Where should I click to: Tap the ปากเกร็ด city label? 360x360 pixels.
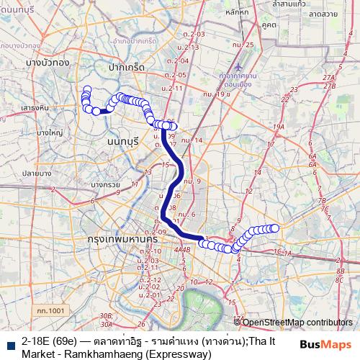click(x=126, y=66)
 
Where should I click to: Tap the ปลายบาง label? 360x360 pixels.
click(x=34, y=174)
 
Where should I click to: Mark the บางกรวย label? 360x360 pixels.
click(x=104, y=184)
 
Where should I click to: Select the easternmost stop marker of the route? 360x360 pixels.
click(x=274, y=228)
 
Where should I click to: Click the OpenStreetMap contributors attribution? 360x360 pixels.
click(x=297, y=322)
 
